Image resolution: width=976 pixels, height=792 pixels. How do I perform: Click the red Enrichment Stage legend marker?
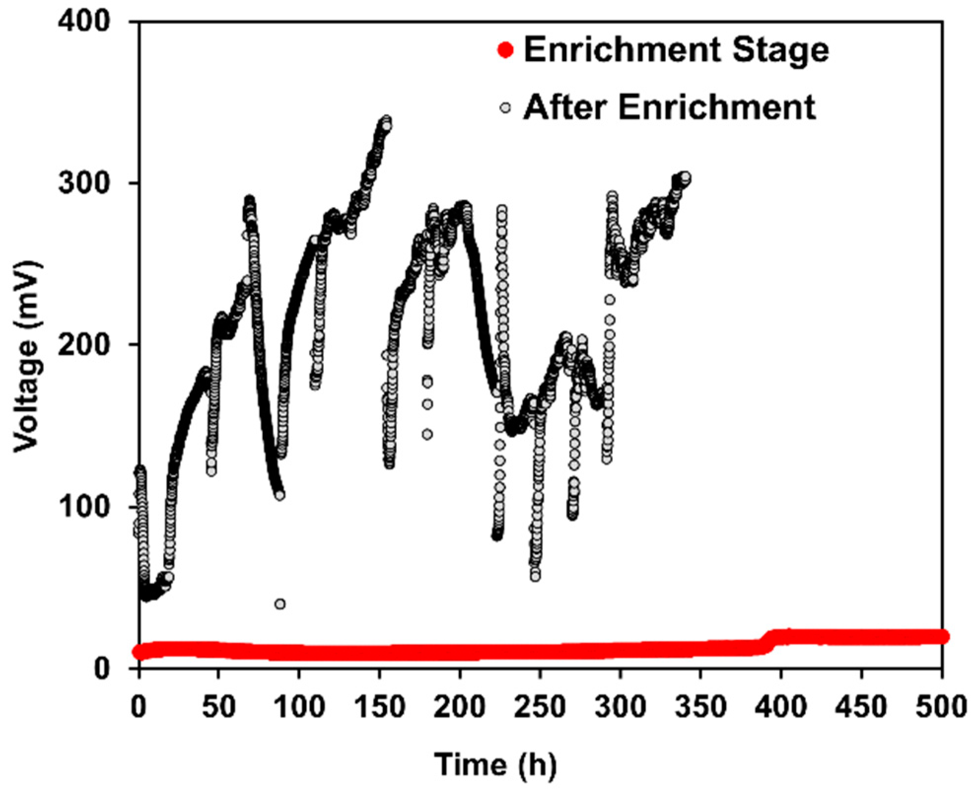[x=506, y=50]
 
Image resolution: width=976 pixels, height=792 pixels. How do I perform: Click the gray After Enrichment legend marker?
[x=505, y=107]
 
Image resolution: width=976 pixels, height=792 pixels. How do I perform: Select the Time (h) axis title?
[x=495, y=765]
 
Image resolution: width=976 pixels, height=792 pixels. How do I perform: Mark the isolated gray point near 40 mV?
[x=280, y=604]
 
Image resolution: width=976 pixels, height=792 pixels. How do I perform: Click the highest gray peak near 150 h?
[x=386, y=120]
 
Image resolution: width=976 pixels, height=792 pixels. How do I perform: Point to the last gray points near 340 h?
[x=685, y=178]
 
